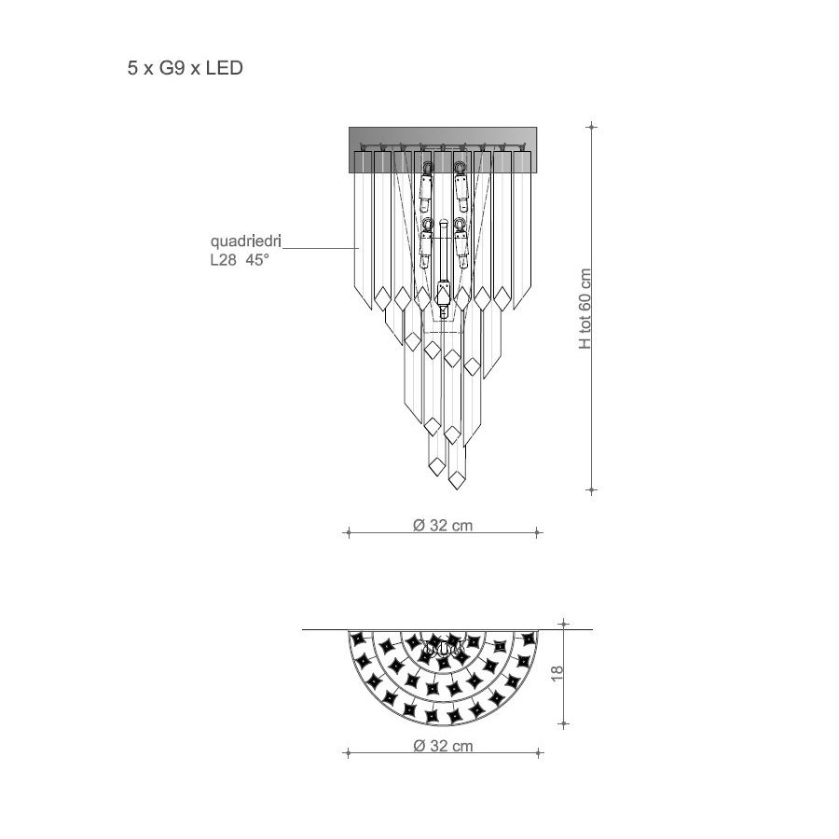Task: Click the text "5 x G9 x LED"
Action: coord(186,68)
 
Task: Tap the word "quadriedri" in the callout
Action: coord(245,241)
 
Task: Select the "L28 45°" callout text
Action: coord(240,261)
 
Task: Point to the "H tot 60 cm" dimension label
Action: coord(585,309)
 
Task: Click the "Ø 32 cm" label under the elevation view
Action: coord(443,525)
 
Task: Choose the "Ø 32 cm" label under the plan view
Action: coord(443,746)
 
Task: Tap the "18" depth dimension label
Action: coord(557,673)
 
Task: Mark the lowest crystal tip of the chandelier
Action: coord(457,489)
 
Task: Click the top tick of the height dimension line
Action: coord(591,127)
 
